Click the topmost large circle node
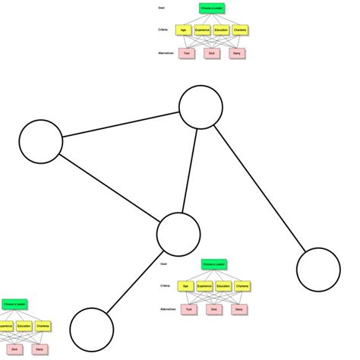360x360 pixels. click(x=201, y=106)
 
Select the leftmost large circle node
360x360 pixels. click(x=40, y=142)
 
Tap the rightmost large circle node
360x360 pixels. click(x=318, y=270)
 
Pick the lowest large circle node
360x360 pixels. click(x=92, y=329)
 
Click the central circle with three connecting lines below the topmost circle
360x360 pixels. click(x=178, y=234)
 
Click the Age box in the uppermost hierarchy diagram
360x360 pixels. click(x=182, y=30)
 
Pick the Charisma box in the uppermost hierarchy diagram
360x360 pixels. click(x=240, y=30)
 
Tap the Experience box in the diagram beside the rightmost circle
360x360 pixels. click(x=204, y=286)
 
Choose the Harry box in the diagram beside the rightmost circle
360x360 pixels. click(x=238, y=309)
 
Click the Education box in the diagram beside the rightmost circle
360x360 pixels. click(x=223, y=286)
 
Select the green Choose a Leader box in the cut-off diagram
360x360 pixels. click(x=14, y=304)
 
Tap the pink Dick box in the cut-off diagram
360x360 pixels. click(x=14, y=349)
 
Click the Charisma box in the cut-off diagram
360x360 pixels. click(x=39, y=327)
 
